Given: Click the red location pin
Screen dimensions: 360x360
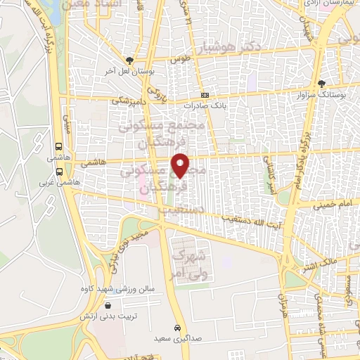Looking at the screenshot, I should pyautogui.click(x=181, y=165).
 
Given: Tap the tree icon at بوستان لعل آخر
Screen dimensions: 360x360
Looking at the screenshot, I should pyautogui.click(x=129, y=61).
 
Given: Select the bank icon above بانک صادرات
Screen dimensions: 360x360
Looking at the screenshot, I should pyautogui.click(x=205, y=96).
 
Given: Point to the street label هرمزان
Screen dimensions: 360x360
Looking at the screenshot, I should pyautogui.click(x=283, y=302).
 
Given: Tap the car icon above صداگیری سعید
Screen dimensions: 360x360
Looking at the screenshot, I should pyautogui.click(x=179, y=328).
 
